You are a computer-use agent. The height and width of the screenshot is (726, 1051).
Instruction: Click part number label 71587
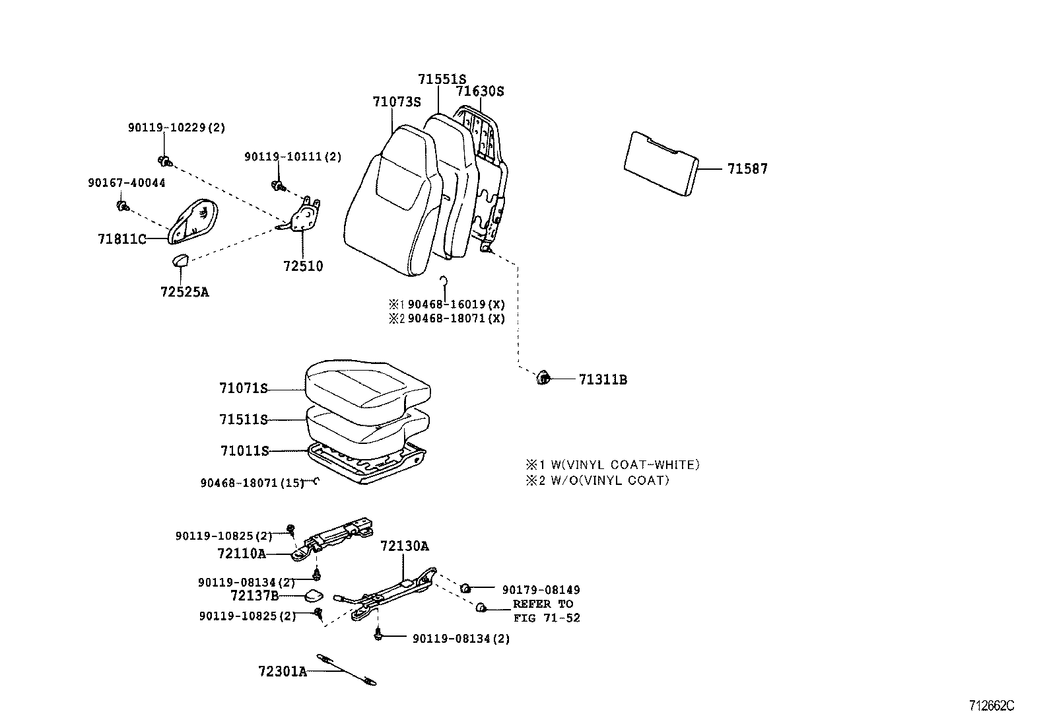747,169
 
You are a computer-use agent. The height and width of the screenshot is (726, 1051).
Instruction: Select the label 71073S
396,102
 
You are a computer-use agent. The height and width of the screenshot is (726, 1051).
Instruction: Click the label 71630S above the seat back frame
480,91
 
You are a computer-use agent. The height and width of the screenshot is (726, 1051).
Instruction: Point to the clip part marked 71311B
543,379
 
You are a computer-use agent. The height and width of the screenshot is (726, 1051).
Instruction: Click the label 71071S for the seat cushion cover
244,388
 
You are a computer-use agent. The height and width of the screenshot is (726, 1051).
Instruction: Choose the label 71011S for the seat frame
244,451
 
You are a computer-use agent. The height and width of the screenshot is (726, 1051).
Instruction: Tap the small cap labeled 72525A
180,260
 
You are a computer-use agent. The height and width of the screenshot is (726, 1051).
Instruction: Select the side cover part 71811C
194,220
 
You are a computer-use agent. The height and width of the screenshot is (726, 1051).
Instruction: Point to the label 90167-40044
126,183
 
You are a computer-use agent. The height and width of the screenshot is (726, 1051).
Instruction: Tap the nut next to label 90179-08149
465,588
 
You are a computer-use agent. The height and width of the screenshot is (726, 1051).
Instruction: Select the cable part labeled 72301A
346,670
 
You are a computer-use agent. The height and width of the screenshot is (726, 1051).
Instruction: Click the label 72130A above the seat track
404,546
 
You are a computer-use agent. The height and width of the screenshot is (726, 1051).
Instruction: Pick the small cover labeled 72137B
313,597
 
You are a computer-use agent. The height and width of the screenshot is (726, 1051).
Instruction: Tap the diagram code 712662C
991,706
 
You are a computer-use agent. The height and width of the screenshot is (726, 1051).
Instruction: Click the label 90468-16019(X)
456,305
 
